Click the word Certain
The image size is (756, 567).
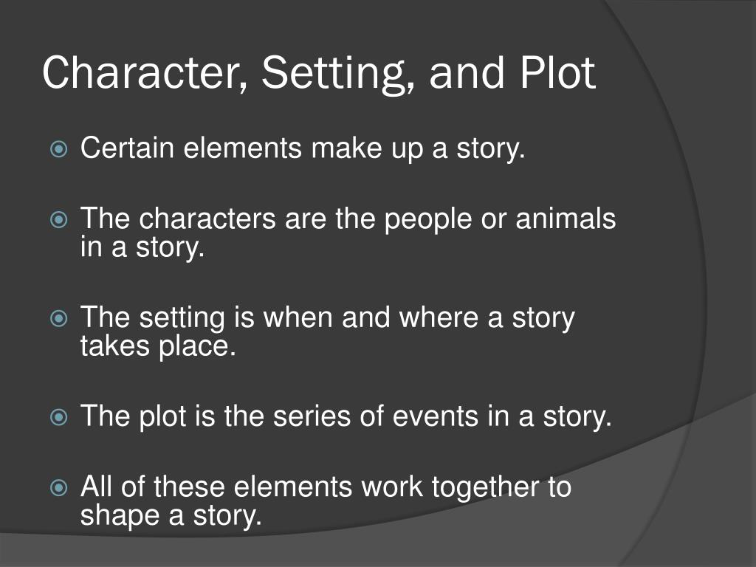[128, 148]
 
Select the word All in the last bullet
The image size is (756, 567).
[95, 488]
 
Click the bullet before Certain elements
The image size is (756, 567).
[58, 150]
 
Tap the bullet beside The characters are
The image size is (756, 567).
[58, 221]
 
